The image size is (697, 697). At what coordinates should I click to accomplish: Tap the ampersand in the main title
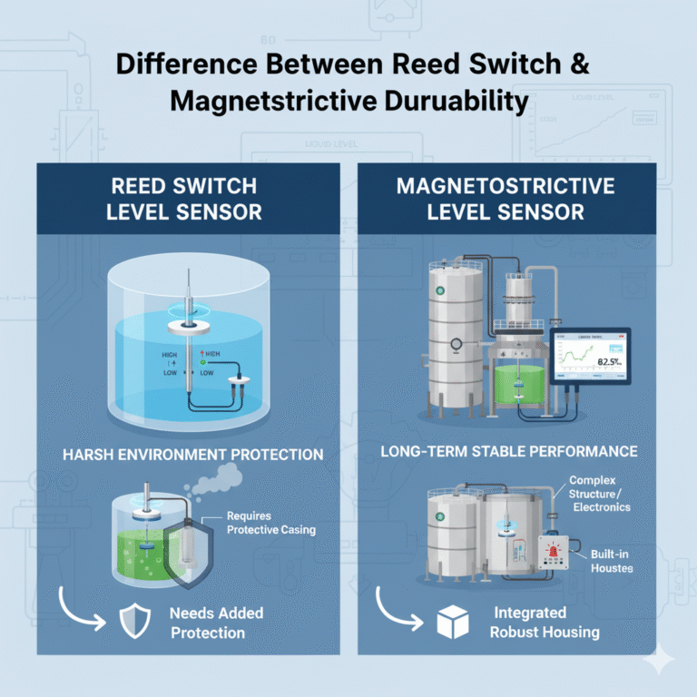pyautogui.click(x=581, y=65)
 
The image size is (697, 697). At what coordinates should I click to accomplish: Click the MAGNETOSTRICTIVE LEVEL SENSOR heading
pyautogui.click(x=505, y=199)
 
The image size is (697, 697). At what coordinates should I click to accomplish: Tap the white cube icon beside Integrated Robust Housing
pyautogui.click(x=453, y=622)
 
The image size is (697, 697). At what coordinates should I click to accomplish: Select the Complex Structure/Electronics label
pyautogui.click(x=599, y=493)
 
